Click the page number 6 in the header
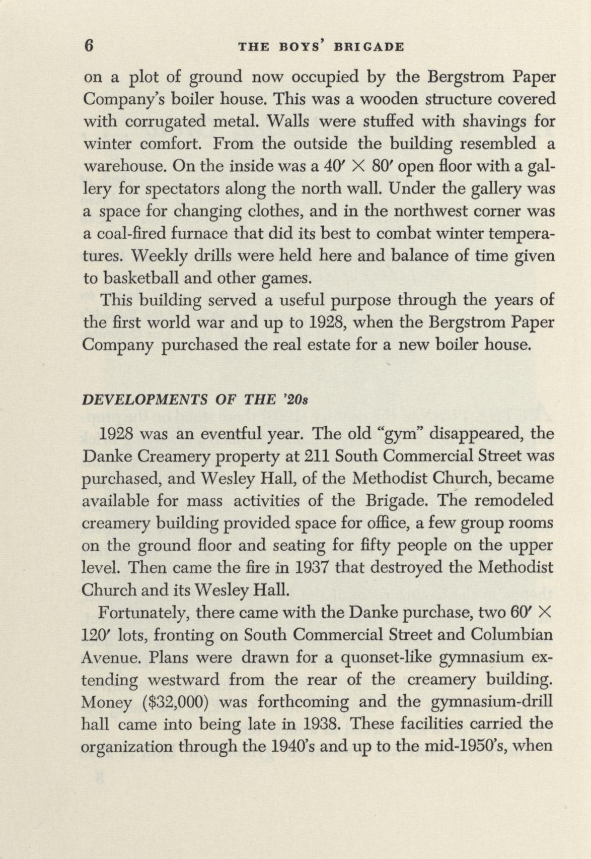[x=89, y=46]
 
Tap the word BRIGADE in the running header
[x=374, y=47]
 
